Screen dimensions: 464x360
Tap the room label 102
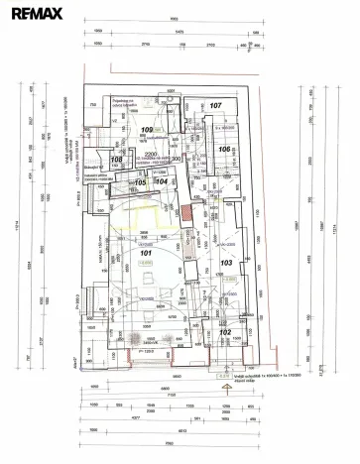225,333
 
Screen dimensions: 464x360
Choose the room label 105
141,182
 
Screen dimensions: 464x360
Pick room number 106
225,150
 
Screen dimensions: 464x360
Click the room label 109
148,131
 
